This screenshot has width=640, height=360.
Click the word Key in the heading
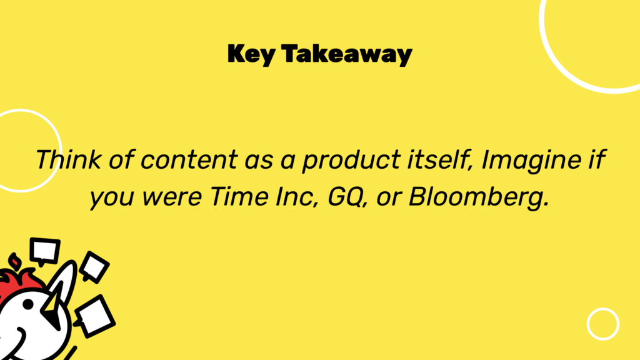251,54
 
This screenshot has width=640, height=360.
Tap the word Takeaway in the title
347,54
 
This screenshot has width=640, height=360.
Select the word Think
68,159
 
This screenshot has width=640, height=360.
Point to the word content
189,159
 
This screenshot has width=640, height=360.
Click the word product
351,160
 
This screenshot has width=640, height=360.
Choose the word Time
239,196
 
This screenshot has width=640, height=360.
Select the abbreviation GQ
345,197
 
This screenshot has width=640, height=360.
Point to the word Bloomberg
478,197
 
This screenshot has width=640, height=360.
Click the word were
172,197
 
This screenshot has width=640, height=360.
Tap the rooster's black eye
28,304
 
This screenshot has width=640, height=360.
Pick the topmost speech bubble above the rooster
45,251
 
